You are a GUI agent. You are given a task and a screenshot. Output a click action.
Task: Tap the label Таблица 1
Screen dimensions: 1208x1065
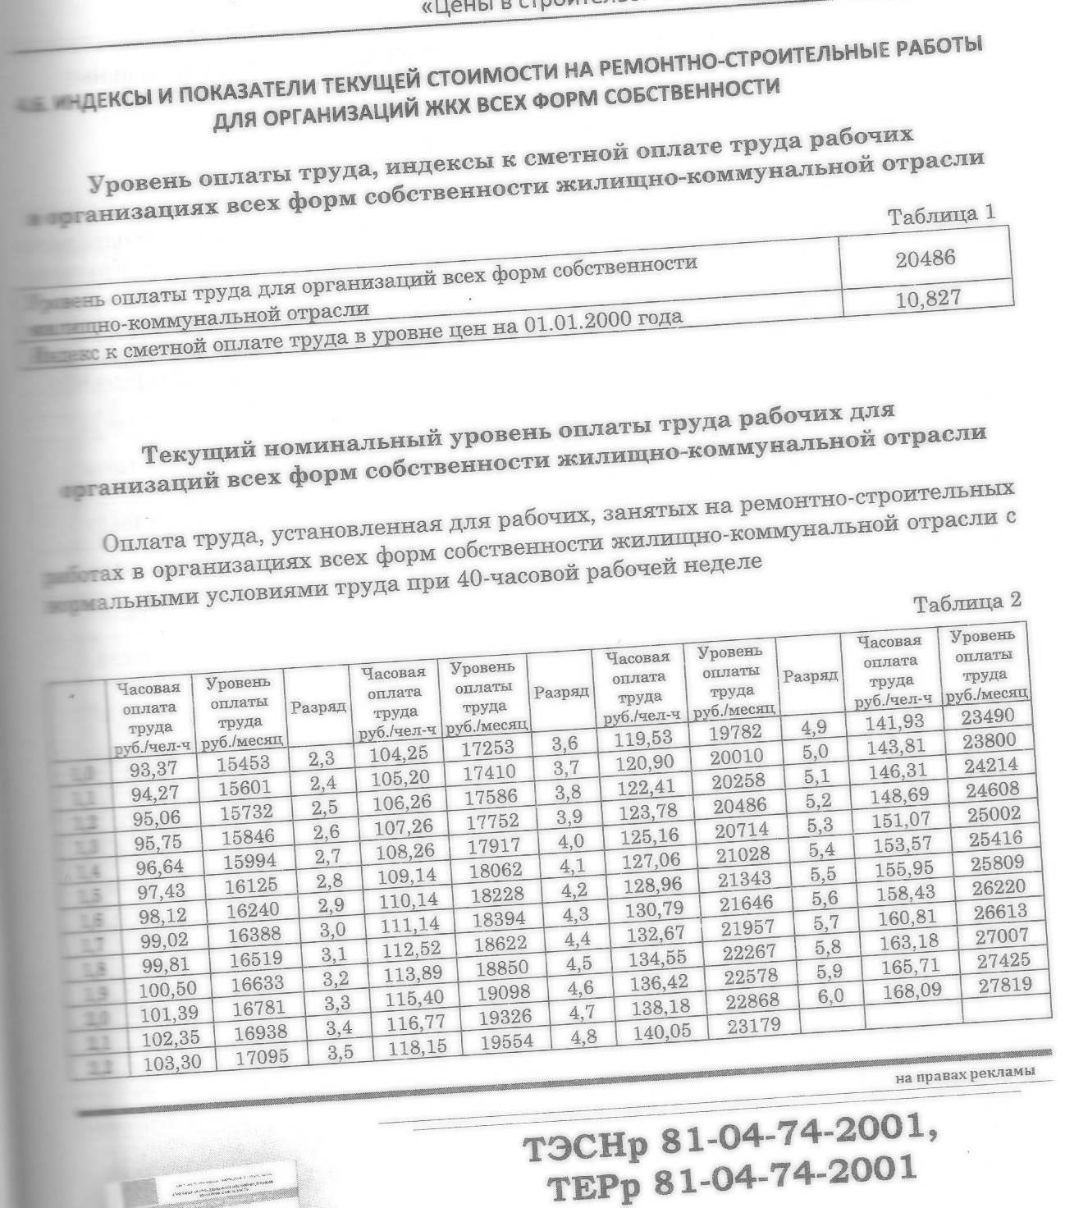click(x=942, y=217)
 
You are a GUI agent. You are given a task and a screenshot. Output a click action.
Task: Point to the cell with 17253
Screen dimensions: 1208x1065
click(x=491, y=747)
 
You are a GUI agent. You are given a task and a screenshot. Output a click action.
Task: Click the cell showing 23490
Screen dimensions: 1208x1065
click(x=990, y=716)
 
